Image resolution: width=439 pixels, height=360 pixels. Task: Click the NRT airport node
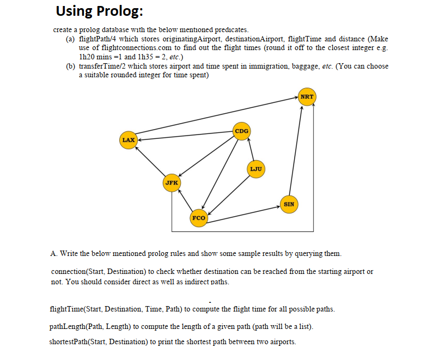[307, 96]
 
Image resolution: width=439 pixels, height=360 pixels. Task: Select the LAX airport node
[129, 140]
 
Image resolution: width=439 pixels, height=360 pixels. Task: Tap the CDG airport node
[242, 131]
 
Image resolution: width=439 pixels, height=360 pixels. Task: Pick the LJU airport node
[256, 169]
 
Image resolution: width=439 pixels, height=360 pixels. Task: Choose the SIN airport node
[289, 204]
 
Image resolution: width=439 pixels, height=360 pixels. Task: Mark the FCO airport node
[199, 218]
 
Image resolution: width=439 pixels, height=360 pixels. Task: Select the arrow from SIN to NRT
[296, 152]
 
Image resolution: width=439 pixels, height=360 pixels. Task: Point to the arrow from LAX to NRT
[218, 115]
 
